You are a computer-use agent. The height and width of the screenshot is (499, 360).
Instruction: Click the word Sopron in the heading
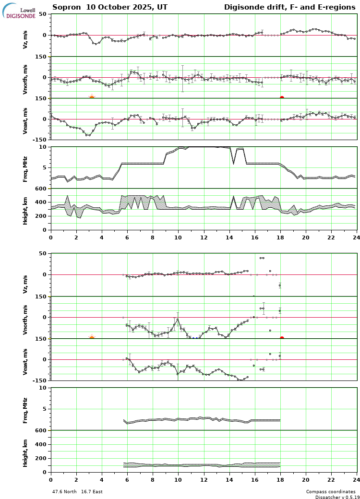click(x=65, y=7)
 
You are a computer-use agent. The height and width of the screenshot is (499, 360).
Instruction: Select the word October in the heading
click(x=107, y=7)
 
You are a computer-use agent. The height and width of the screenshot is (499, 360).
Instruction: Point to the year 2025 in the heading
click(x=140, y=7)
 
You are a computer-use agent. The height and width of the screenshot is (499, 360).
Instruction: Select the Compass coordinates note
click(x=331, y=492)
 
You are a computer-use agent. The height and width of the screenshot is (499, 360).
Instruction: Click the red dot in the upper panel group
click(x=282, y=98)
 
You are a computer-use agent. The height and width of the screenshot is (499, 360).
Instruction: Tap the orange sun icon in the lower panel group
click(x=92, y=339)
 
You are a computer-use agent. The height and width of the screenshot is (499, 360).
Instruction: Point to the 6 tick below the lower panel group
click(x=127, y=479)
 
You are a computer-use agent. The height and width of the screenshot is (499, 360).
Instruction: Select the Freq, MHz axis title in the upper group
click(x=25, y=167)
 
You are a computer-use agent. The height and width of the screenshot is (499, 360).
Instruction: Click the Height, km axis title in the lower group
click(x=25, y=451)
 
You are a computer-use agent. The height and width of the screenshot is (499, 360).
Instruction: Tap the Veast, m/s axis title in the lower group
click(x=25, y=361)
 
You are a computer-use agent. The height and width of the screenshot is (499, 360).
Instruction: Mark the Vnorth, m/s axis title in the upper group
click(x=25, y=79)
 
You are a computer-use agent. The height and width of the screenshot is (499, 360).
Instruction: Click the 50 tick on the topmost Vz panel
click(x=42, y=14)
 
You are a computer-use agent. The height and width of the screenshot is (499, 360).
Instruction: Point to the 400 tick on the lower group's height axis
click(x=41, y=445)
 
